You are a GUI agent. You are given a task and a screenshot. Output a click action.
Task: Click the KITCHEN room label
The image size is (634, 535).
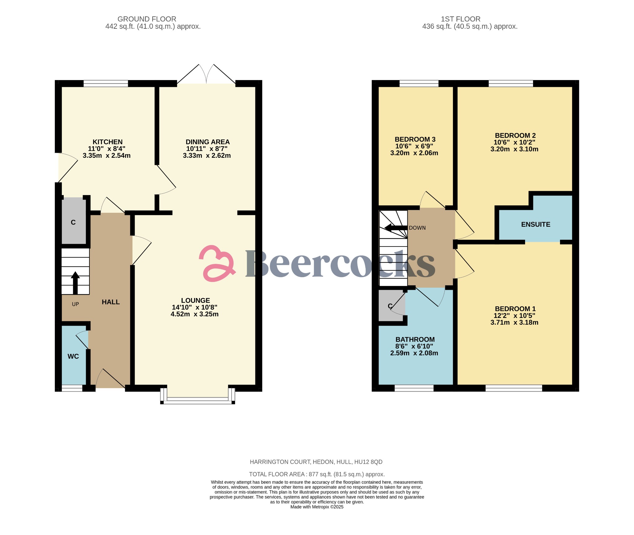tap(107, 142)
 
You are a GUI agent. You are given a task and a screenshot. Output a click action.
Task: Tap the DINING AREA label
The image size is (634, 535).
tap(207, 142)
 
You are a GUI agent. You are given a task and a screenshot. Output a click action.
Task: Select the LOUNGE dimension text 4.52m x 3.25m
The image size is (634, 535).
tap(194, 314)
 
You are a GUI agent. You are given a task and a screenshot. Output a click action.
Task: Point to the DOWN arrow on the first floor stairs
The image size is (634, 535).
tap(396, 228)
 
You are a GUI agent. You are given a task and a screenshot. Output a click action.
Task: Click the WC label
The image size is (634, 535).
tap(73, 356)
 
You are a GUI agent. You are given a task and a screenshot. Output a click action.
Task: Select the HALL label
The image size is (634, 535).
tap(111, 302)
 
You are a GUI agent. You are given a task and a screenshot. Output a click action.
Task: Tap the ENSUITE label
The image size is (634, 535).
tap(536, 225)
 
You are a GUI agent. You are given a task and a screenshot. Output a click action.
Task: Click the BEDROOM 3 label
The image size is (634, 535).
tap(415, 139)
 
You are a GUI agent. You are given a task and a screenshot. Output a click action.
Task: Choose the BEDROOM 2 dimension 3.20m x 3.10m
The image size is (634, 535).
tap(514, 149)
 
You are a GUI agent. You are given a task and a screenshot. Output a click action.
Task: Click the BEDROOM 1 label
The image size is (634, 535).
tap(515, 309)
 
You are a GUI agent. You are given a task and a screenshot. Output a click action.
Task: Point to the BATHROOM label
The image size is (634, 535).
tap(415, 340)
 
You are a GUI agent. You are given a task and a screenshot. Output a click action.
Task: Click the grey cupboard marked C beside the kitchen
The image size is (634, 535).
tap(73, 222)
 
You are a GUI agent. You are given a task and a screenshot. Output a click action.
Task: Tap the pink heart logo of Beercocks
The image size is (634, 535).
tap(217, 263)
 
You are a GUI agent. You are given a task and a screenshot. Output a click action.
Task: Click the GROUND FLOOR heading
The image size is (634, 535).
tap(147, 19)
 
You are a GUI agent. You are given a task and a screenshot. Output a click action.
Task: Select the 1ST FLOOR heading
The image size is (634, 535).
tap(460, 19)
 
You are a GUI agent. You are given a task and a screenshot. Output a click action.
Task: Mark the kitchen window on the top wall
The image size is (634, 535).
tap(106, 83)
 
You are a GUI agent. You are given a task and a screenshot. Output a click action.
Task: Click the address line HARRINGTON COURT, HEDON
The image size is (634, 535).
tap(316, 462)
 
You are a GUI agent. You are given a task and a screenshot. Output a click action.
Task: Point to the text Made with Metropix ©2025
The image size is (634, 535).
tap(317, 507)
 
